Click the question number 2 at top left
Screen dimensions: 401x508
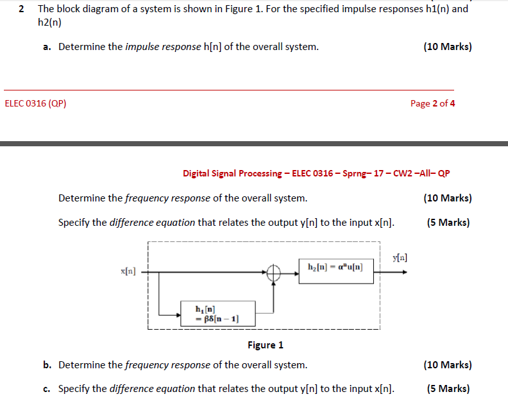coord(22,9)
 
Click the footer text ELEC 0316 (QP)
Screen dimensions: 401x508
coord(35,103)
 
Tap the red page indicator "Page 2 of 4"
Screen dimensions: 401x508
coord(432,103)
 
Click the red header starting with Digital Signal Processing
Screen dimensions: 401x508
coord(316,173)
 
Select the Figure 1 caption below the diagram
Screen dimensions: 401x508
coord(266,345)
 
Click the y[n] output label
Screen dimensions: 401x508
coord(399,258)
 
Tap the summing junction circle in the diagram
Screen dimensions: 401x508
coord(275,273)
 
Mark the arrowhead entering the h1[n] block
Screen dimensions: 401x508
coord(179,314)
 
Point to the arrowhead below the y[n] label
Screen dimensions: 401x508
coord(402,272)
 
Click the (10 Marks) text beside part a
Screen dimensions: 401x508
coord(448,47)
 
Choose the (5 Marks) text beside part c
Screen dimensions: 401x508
coord(448,388)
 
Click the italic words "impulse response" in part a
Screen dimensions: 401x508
coord(163,47)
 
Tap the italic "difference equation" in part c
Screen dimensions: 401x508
coord(152,388)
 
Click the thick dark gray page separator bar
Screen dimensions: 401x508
coord(254,144)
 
